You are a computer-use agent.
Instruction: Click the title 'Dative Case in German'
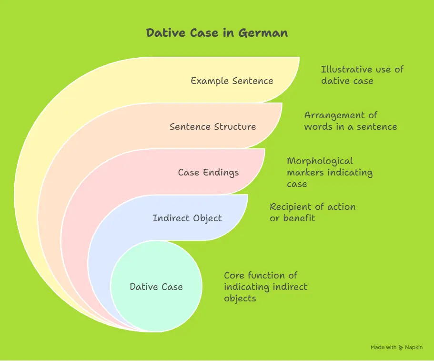click(x=217, y=33)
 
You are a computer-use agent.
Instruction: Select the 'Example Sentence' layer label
click(x=232, y=81)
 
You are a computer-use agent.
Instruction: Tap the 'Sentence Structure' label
click(x=212, y=126)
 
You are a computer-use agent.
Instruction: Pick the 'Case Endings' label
click(x=208, y=172)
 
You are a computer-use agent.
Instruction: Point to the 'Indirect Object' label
click(x=187, y=218)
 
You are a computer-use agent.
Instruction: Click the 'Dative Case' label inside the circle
click(x=156, y=287)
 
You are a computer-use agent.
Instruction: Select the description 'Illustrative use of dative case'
click(x=362, y=75)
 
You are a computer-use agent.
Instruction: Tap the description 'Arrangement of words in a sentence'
click(x=350, y=121)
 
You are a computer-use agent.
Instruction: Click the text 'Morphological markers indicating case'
click(x=330, y=172)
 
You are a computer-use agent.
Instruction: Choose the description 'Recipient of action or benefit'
click(x=313, y=212)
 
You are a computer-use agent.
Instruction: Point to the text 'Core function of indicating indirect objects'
click(x=265, y=287)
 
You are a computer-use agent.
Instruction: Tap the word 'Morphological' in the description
click(x=320, y=161)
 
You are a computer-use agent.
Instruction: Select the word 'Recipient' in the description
click(x=290, y=207)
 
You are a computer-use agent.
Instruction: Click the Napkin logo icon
click(x=401, y=348)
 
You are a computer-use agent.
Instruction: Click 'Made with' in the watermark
click(x=384, y=348)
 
